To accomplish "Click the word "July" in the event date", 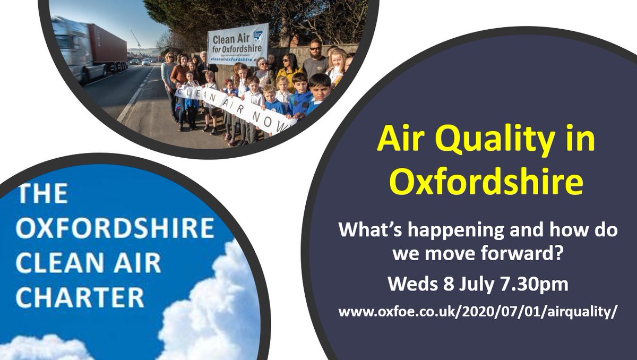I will click(x=469, y=284).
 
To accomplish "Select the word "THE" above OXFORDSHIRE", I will click(x=42, y=194).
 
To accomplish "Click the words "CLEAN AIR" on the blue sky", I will click(x=88, y=263).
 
